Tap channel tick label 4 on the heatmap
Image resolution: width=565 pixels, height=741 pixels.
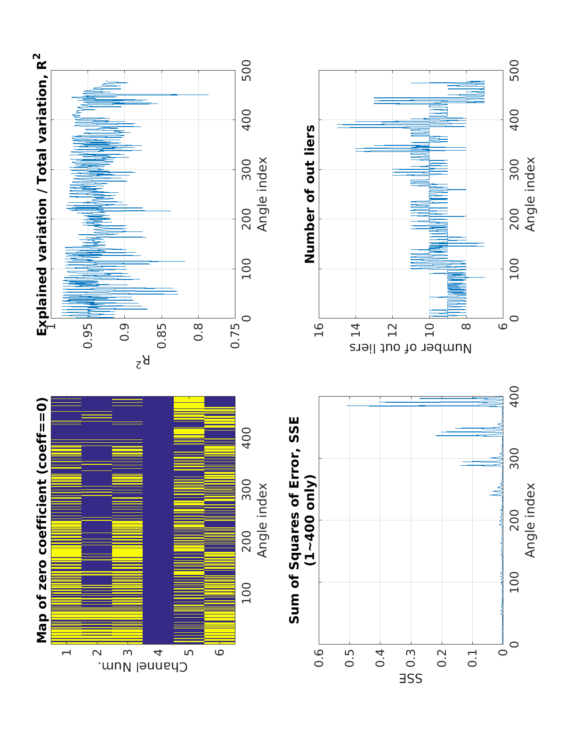[158, 653]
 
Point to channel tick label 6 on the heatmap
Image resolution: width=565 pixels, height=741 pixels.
[219, 653]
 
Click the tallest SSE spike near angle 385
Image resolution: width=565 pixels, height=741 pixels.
[347, 406]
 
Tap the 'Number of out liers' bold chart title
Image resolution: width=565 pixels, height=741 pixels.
[310, 194]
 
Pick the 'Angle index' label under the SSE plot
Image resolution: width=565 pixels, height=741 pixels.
[531, 520]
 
